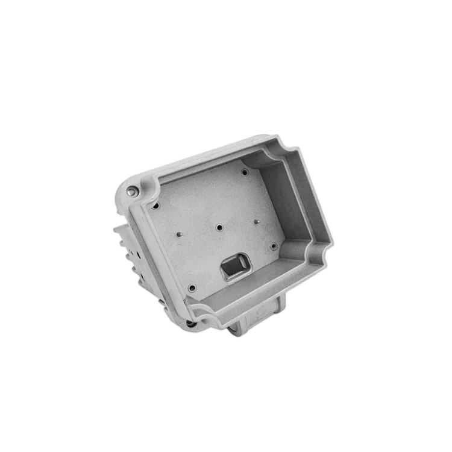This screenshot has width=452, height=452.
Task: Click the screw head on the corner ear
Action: (131, 192)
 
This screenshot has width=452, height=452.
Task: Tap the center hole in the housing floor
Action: (219, 228)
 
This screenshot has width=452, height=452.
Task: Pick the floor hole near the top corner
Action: (245, 172)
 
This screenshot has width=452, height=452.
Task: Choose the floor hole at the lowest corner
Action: (192, 288)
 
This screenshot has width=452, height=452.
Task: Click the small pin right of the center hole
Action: (257, 222)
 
